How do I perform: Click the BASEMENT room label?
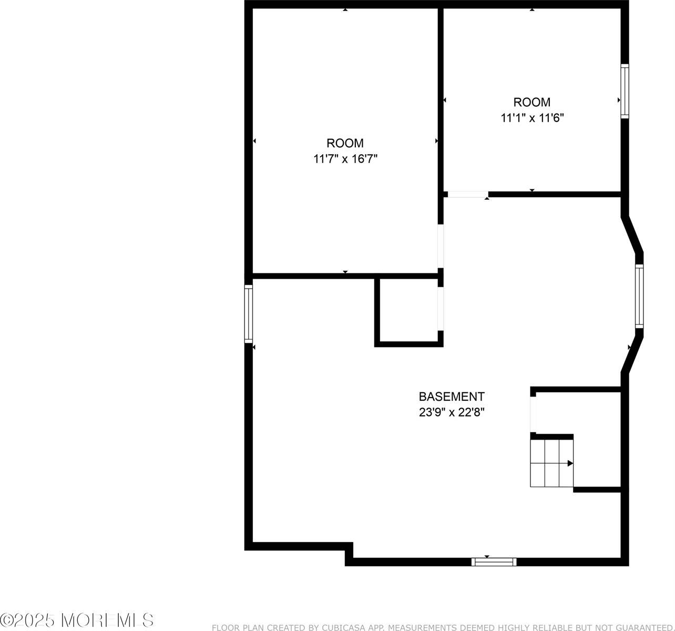[451, 396]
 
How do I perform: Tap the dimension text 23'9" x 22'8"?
[451, 412]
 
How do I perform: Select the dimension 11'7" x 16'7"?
[345, 159]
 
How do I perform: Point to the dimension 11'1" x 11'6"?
[532, 118]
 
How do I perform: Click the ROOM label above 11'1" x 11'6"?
[532, 102]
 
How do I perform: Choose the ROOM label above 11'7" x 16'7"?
[345, 143]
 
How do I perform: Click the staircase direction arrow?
[570, 463]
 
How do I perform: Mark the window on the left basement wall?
[249, 314]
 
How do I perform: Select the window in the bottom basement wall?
[494, 562]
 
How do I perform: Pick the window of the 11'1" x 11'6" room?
[625, 91]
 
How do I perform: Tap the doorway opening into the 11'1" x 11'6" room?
[467, 195]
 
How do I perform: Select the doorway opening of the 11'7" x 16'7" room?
[441, 247]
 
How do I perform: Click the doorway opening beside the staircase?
[533, 414]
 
